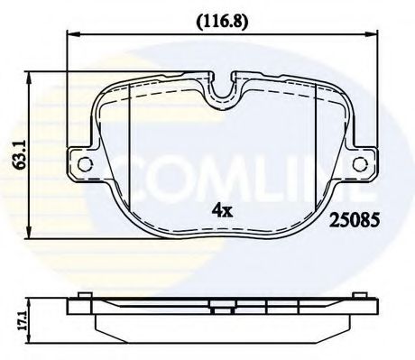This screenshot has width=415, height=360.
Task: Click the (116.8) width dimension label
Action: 220,16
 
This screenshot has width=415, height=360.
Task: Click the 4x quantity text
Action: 222,213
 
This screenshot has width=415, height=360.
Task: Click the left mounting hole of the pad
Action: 86,164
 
